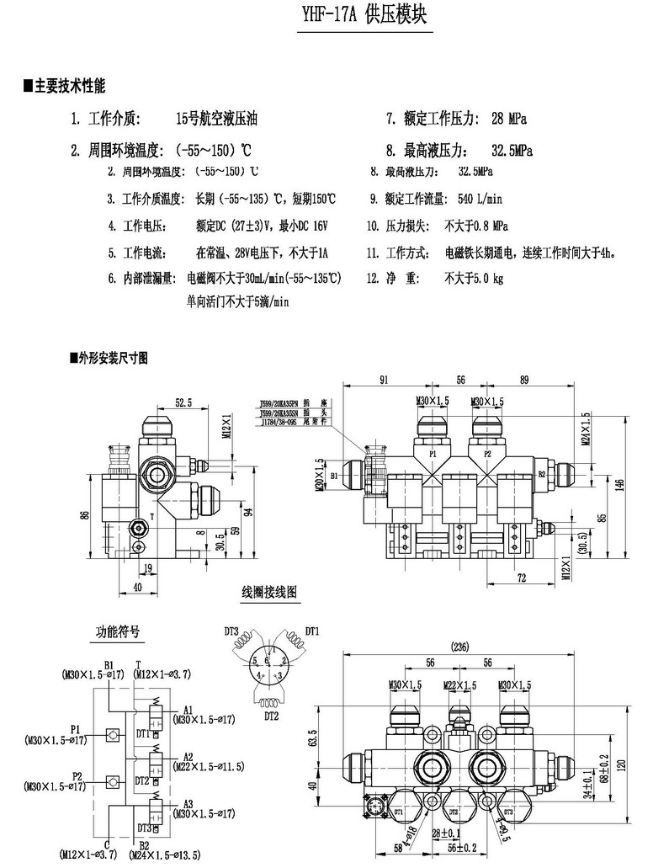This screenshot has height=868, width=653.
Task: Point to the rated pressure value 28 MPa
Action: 509,119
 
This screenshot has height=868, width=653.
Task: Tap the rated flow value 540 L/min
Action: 479,200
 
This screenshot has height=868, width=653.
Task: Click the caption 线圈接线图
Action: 269,592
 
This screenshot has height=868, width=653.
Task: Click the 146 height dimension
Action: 620,482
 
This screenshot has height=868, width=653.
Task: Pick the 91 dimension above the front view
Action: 384,381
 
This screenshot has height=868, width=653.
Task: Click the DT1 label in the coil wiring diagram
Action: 312,631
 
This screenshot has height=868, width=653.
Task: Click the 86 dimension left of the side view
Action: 85,515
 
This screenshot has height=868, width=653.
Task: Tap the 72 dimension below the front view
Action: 522,578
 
